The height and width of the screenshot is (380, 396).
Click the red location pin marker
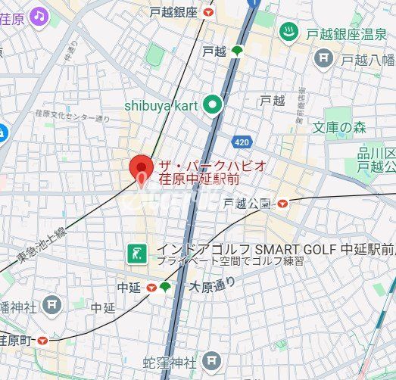(141, 167)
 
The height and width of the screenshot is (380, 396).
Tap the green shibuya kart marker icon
(213, 106)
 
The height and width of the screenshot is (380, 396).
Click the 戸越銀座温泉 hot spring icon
(288, 32)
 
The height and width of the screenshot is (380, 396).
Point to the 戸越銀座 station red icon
(208, 13)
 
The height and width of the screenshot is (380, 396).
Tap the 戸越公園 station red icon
(282, 204)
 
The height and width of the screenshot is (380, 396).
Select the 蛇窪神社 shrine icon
(214, 363)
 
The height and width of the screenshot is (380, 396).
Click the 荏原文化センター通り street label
(72, 116)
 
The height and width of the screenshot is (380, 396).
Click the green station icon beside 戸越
(237, 51)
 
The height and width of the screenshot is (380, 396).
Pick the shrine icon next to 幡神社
(52, 306)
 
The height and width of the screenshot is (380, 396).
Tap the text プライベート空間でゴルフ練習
(230, 261)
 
